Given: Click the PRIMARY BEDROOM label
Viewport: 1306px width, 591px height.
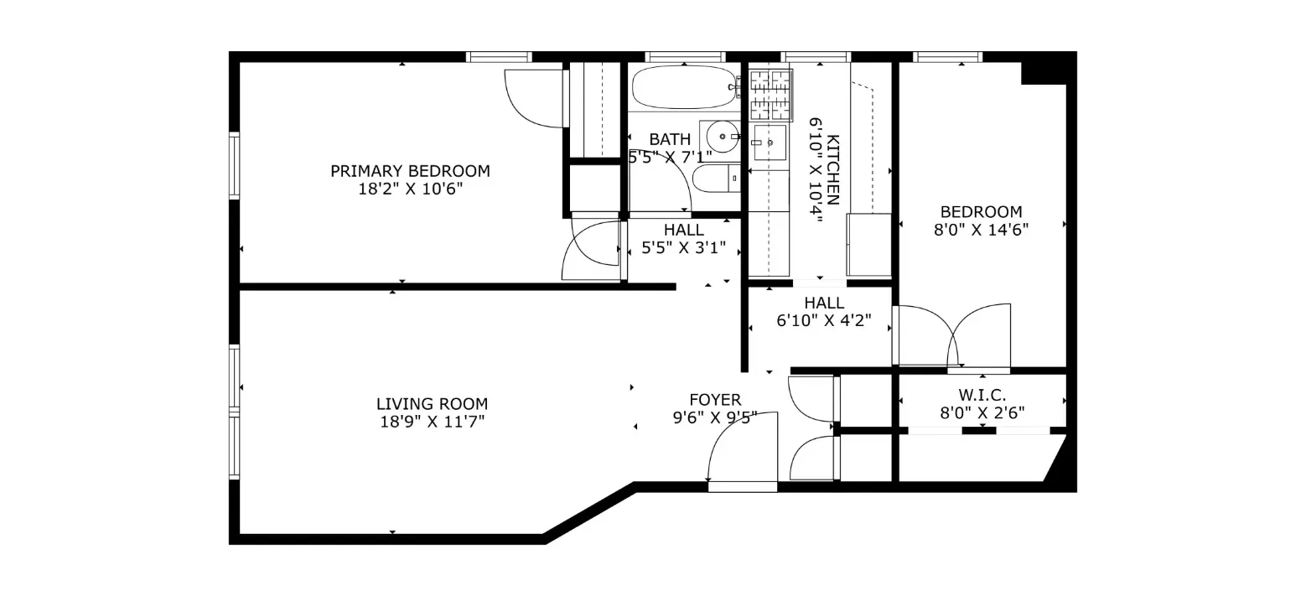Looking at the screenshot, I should point(410,171).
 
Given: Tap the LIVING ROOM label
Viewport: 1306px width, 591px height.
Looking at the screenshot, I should point(432,404).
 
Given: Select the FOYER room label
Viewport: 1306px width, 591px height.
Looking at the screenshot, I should point(715,400).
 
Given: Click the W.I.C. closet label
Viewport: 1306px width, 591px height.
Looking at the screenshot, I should point(982,395).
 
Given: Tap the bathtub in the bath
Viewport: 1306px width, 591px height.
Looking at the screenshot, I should point(683,87).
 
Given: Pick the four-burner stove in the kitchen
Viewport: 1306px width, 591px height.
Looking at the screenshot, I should point(770,95).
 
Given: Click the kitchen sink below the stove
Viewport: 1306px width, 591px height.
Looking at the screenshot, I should point(769,143).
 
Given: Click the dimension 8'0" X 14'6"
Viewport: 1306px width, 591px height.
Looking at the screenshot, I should point(981,229).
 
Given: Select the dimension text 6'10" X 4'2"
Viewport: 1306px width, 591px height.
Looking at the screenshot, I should point(824,319).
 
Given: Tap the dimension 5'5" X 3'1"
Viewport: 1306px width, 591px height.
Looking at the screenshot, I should point(683,248).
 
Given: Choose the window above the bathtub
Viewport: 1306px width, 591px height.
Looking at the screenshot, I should point(685,57).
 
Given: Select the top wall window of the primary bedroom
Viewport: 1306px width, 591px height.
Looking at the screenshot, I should point(499,57).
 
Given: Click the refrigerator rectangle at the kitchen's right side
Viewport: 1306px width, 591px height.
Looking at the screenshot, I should point(868,245).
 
